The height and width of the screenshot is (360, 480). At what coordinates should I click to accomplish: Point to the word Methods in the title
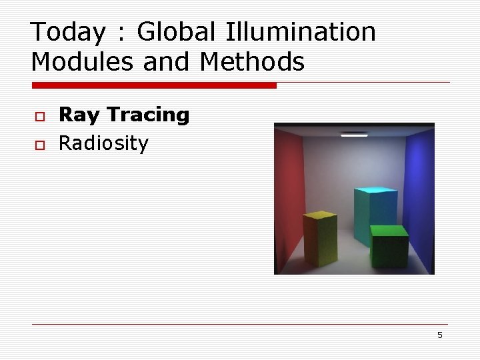coord(252,62)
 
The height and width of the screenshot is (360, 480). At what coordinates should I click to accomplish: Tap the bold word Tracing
coord(148,115)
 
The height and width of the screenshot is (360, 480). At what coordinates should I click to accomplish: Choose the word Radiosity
coord(103,143)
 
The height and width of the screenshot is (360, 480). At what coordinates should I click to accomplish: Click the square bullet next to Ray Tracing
coord(40,117)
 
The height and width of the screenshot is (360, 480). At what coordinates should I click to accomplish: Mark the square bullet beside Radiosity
coord(40,144)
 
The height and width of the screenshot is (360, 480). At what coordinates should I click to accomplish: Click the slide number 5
coord(439,335)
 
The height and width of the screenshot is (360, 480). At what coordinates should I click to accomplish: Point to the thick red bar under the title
coord(153,85)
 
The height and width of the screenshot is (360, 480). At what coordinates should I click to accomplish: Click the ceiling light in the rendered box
coord(354,135)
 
